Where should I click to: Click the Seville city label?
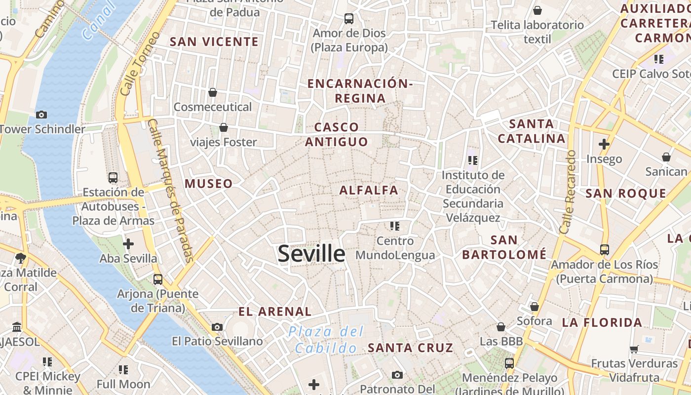click(311, 254)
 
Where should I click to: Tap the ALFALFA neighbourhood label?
click(369, 190)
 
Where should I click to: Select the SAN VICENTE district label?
click(214, 42)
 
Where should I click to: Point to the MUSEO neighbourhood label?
click(208, 184)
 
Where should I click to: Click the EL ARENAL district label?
click(275, 312)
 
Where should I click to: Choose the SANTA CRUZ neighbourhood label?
click(410, 348)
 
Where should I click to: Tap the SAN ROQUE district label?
click(626, 194)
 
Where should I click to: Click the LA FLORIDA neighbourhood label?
click(602, 323)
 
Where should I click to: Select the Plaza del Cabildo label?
click(326, 340)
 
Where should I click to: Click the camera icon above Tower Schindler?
click(41, 115)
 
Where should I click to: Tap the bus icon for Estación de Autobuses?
click(113, 177)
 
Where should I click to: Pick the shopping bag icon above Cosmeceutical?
click(213, 92)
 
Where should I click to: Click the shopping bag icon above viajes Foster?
click(224, 127)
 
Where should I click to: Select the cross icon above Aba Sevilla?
click(128, 243)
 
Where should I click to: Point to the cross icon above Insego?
click(604, 144)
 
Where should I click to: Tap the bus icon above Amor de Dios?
click(349, 19)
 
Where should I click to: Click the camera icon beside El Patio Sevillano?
click(217, 327)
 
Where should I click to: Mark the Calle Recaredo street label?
click(568, 192)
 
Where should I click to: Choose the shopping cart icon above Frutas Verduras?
click(634, 349)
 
